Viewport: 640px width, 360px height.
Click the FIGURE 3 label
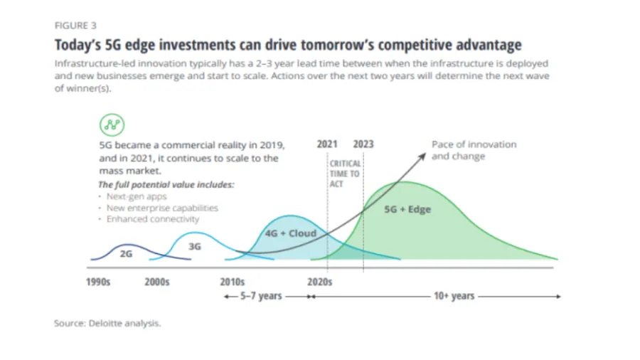[75, 25]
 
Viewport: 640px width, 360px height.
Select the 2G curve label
[126, 253]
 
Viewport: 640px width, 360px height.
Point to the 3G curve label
[194, 246]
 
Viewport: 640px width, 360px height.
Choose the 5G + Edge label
[407, 210]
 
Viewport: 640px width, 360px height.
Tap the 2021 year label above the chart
[327, 144]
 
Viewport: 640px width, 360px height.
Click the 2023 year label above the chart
[363, 144]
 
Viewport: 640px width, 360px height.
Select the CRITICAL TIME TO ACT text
[344, 174]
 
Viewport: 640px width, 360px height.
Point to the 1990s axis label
[98, 282]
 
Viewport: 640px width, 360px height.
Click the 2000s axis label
[157, 282]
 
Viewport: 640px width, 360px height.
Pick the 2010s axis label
[233, 282]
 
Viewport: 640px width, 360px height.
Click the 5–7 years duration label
[260, 296]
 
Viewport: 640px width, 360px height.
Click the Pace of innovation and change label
[474, 150]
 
